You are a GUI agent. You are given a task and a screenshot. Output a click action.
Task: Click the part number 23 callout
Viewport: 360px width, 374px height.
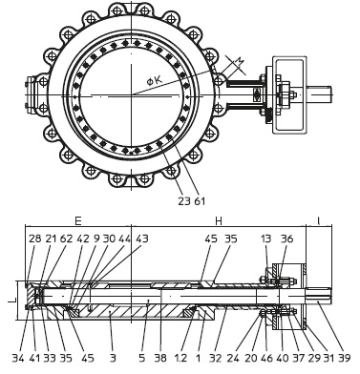pyautogui.click(x=184, y=201)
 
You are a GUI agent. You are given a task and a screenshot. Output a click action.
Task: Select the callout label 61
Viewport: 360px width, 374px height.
pyautogui.click(x=200, y=201)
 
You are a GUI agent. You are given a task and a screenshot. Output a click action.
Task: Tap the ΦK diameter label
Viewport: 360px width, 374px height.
pyautogui.click(x=155, y=80)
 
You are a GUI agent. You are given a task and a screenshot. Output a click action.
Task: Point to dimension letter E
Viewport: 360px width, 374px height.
pyautogui.click(x=78, y=220)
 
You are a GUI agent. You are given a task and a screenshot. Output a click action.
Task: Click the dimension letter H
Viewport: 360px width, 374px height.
pyautogui.click(x=219, y=220)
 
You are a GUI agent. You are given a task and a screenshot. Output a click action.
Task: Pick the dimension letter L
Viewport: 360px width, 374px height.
pyautogui.click(x=10, y=299)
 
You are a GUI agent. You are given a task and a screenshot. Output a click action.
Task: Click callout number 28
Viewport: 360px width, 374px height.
pyautogui.click(x=35, y=239)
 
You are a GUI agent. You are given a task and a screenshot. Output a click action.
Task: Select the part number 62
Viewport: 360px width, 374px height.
pyautogui.click(x=67, y=239)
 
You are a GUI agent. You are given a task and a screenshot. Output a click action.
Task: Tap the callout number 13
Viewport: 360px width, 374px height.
pyautogui.click(x=265, y=239)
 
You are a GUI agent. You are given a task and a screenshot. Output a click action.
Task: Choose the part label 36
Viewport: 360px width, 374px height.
pyautogui.click(x=286, y=239)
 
